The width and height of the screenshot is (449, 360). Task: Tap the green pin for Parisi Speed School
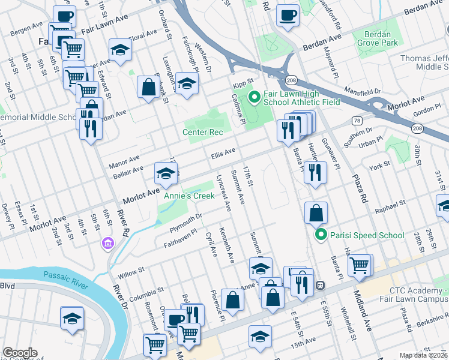(x=321, y=235)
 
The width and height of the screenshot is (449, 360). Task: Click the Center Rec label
(x=203, y=132)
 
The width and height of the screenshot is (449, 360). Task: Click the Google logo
(x=20, y=353)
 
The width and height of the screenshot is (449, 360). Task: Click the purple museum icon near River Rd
(x=107, y=244)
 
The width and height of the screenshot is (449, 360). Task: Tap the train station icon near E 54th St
(x=321, y=284)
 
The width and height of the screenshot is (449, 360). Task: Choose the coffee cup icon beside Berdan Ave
(x=288, y=14)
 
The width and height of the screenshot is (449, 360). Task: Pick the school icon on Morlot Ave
(x=166, y=173)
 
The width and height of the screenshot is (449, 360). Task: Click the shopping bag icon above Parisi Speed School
(x=316, y=212)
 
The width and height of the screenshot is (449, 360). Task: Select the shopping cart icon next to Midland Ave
(x=360, y=264)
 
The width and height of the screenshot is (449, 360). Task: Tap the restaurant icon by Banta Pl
(x=315, y=172)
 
